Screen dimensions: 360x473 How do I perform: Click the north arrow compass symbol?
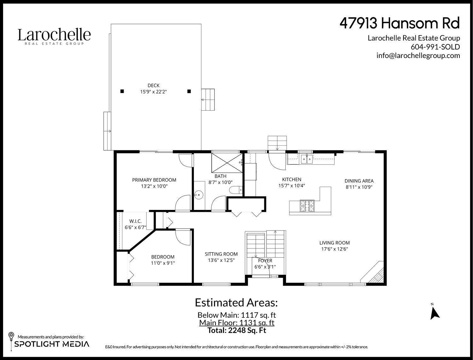(x=435, y=312)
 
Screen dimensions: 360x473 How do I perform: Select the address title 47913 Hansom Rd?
(x=400, y=24)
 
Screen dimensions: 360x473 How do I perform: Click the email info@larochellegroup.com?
(x=418, y=55)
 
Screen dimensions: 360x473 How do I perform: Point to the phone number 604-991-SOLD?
(x=435, y=47)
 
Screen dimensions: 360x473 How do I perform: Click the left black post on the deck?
(x=122, y=91)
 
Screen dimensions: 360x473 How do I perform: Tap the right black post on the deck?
(x=189, y=91)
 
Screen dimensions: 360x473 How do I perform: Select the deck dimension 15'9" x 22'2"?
(x=154, y=92)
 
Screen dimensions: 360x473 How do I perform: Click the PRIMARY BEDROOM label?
(x=154, y=180)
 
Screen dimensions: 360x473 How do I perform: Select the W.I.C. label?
(x=135, y=222)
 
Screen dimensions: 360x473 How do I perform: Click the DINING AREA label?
(x=359, y=181)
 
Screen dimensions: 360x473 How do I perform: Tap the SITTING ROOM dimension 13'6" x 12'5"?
(x=221, y=260)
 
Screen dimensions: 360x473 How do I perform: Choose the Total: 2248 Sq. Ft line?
(x=237, y=330)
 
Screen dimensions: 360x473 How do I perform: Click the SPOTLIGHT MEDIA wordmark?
(x=52, y=344)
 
